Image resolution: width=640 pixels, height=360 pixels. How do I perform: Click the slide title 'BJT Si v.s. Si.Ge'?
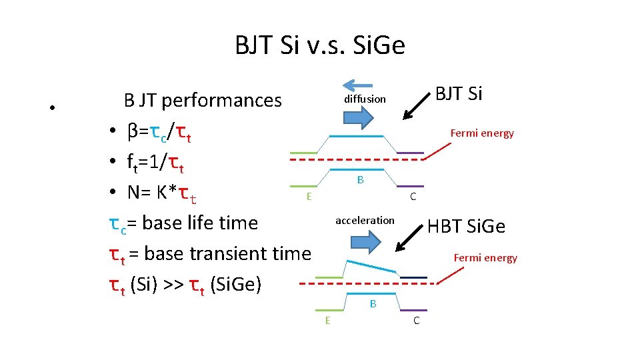320,46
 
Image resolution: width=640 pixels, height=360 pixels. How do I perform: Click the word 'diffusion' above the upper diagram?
365,99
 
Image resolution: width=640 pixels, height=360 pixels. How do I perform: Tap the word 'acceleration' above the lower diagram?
365,220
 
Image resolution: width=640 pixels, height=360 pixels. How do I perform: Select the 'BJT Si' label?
459,94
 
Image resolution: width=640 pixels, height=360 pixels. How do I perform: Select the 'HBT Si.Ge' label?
466,227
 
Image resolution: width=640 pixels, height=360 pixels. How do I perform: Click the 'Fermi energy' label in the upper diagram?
482,133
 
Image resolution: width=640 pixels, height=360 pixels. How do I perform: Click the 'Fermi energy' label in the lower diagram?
485,258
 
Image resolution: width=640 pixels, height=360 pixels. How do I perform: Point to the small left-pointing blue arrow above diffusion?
358,84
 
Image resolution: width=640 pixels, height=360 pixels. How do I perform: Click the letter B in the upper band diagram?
360,180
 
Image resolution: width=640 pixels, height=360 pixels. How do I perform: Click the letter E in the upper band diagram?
308,196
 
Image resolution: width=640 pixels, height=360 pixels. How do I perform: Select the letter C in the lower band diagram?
416,321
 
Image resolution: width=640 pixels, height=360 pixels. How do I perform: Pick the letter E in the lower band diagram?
327,320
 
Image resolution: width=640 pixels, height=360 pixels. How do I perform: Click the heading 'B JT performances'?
203,100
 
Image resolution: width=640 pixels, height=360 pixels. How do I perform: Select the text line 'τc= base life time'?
183,223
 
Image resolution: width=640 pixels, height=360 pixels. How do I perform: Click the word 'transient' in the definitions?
235,254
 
